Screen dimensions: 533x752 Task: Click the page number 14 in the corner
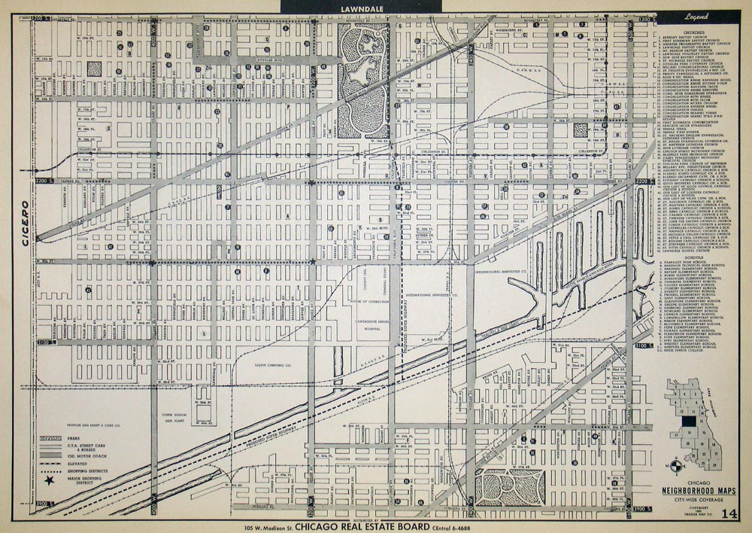click(727, 514)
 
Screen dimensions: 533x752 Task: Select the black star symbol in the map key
click(49, 478)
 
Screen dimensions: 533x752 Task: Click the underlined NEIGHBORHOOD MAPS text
click(694, 486)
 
